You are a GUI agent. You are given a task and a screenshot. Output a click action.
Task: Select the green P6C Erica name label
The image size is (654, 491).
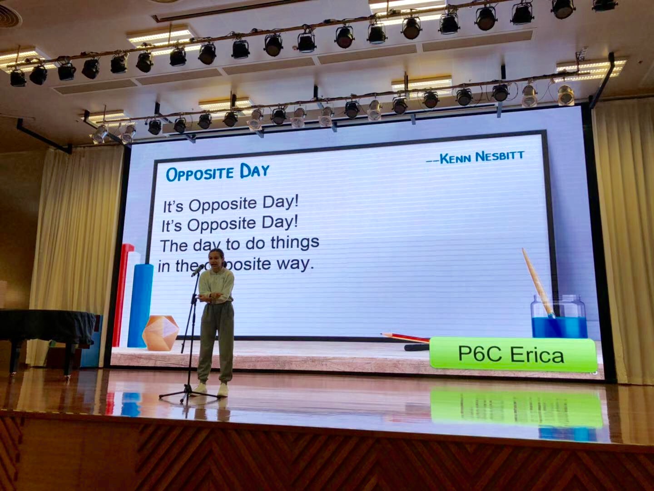click(x=513, y=354)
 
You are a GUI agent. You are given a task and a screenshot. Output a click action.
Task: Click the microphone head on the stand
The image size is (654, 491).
click(x=198, y=270)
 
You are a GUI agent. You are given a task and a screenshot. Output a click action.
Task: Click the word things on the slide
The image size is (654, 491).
click(x=295, y=243)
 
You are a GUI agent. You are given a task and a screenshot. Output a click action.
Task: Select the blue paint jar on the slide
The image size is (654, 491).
click(x=558, y=316)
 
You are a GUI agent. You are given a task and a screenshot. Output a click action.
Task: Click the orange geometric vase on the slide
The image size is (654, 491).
click(x=161, y=333)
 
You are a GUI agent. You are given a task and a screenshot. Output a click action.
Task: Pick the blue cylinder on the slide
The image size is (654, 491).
click(x=140, y=306)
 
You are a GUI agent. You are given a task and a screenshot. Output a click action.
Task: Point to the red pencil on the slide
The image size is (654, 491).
click(x=405, y=337)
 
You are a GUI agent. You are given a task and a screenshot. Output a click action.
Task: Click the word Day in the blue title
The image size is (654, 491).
click(x=255, y=171)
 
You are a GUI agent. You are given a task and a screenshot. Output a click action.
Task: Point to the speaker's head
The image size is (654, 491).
click(x=216, y=259)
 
